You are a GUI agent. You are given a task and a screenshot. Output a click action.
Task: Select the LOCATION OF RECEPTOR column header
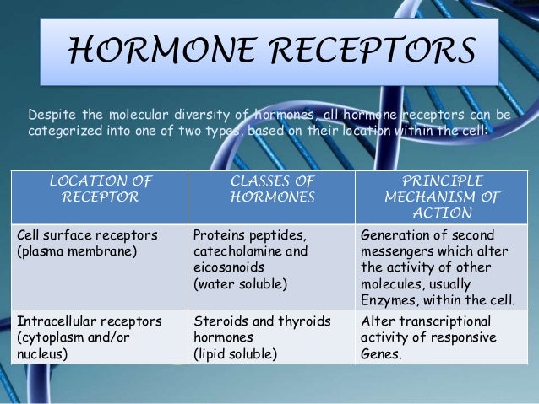[100, 189]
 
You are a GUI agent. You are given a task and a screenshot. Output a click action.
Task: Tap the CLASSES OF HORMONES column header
[271, 189]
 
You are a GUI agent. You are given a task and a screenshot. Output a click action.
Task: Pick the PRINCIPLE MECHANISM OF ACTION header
[443, 197]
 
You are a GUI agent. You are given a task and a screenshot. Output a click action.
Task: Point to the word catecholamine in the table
[239, 251]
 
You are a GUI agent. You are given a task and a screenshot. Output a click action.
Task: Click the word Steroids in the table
[220, 321]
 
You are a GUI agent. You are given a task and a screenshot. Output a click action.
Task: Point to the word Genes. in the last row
[378, 354]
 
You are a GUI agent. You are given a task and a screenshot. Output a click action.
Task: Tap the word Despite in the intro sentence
[51, 115]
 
